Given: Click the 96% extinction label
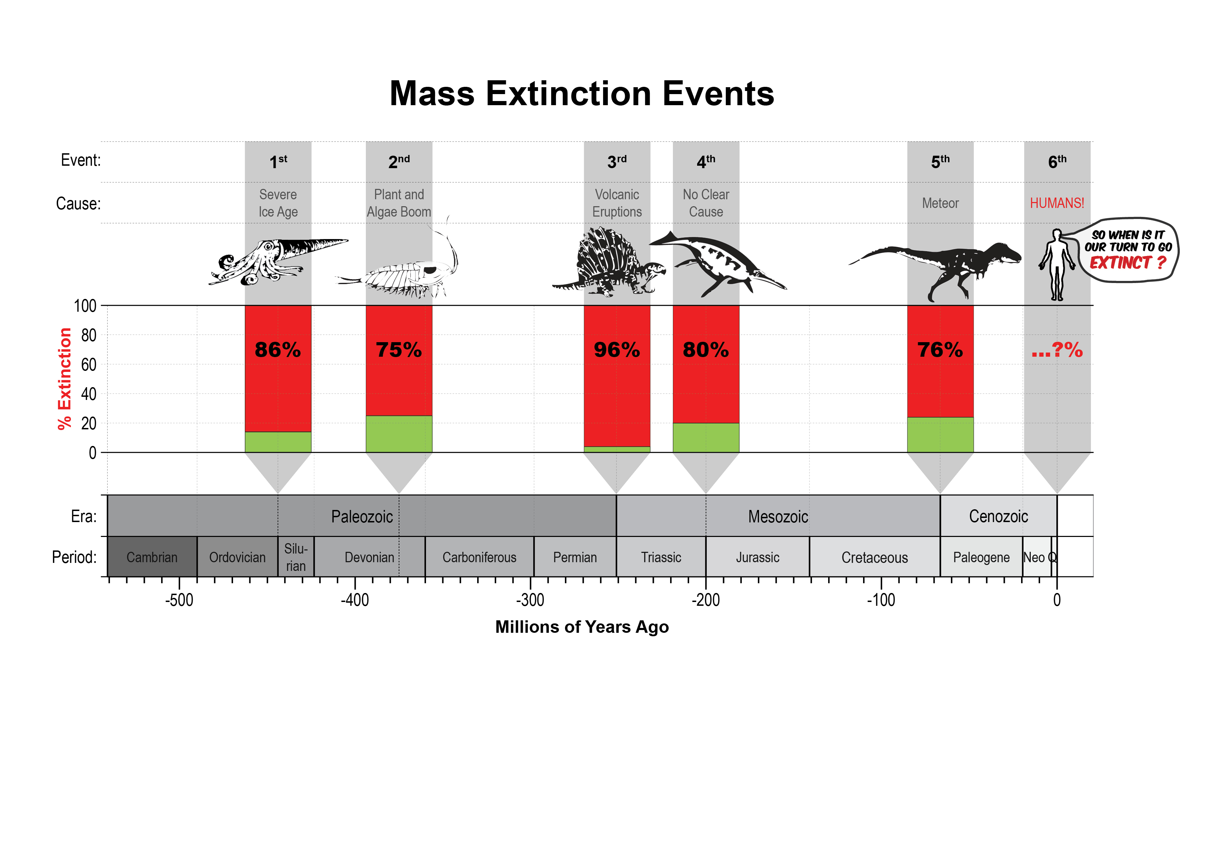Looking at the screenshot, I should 617,350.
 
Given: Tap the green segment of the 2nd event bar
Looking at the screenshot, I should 399,434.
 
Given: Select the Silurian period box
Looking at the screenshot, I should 296,557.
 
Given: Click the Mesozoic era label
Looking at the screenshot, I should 778,517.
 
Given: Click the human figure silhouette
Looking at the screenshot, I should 1057,264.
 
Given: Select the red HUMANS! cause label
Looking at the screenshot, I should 1057,203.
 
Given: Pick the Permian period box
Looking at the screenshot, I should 575,557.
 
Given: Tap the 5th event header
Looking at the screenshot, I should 940,161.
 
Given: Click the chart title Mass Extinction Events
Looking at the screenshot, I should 582,93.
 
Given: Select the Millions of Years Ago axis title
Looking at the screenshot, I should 582,627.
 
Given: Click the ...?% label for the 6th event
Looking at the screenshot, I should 1057,350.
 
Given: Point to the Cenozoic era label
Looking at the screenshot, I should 998,517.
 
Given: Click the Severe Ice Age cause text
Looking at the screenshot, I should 278,203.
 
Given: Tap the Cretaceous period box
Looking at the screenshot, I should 874,557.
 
